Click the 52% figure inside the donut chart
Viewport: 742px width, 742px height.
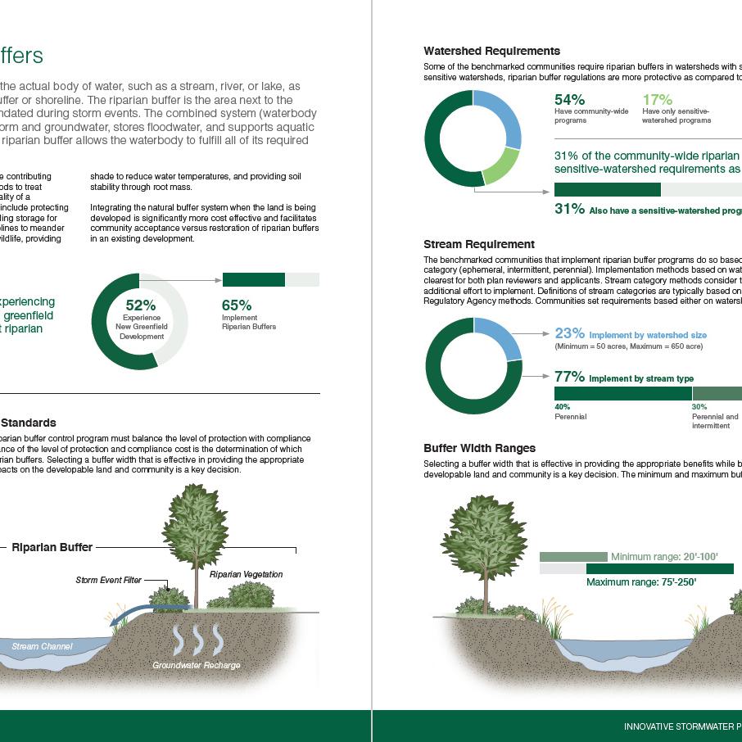coord(140,305)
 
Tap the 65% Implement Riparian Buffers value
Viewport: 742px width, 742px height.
coord(237,305)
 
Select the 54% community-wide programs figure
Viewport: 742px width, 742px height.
coord(569,100)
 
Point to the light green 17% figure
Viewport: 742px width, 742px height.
coord(657,100)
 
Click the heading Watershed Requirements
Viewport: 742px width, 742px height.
coord(491,51)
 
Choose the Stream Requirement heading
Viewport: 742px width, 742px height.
coord(479,244)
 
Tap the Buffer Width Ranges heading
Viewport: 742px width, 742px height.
coord(479,448)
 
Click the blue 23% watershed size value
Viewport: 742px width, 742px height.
coord(569,333)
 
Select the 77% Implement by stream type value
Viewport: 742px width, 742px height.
coord(569,377)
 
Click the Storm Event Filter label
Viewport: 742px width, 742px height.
coord(109,580)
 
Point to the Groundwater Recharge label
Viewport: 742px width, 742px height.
coord(197,665)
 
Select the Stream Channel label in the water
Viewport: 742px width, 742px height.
coord(42,646)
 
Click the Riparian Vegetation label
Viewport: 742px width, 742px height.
coord(246,574)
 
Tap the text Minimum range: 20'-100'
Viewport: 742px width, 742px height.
coord(664,557)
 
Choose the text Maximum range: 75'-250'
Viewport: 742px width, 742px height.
coord(641,582)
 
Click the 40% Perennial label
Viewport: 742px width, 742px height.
coord(570,412)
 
